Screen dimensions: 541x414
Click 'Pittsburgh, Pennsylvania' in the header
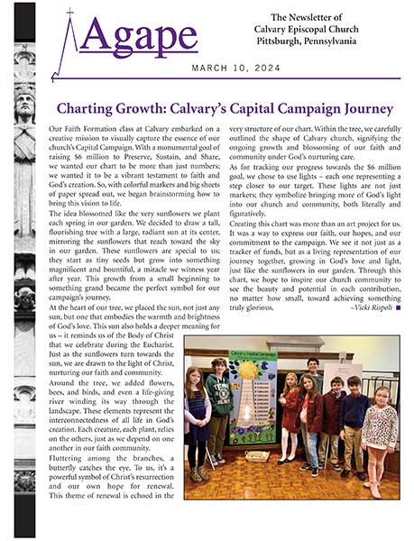coord(309,44)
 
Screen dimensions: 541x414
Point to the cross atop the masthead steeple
coord(69,12)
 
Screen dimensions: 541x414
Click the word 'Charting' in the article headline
coord(87,110)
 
